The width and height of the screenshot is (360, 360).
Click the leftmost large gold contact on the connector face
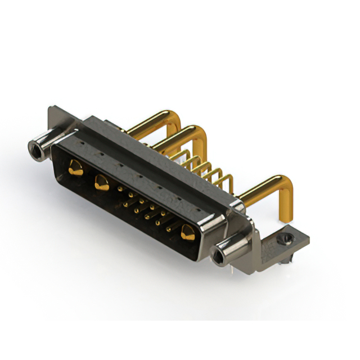click(74, 166)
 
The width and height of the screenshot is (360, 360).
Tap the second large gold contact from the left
click(102, 182)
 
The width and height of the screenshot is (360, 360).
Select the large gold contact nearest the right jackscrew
click(188, 232)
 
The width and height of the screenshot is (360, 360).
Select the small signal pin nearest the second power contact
click(119, 190)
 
